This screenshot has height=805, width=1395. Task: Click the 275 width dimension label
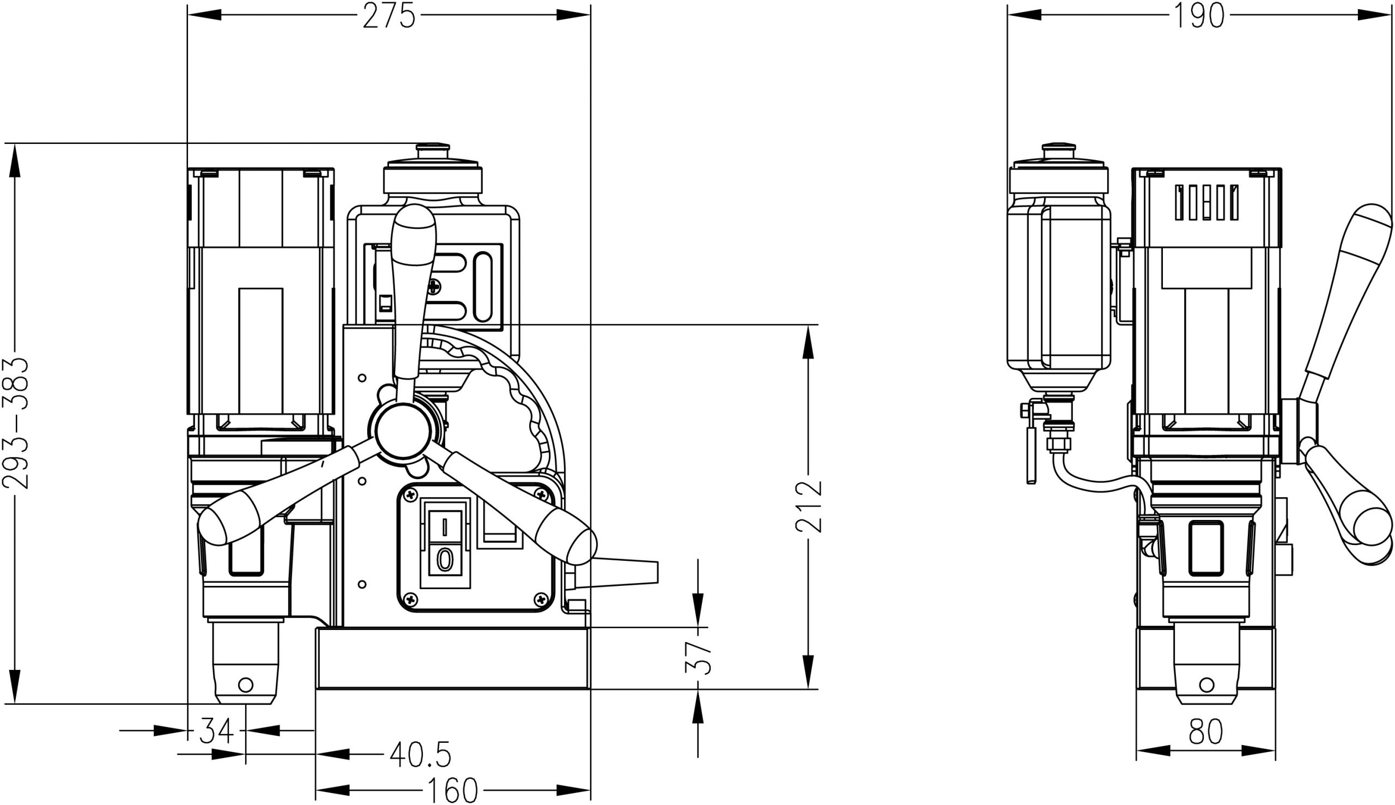coord(389,16)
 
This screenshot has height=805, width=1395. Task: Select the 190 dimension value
coord(1199,16)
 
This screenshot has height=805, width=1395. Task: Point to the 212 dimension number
coord(809,506)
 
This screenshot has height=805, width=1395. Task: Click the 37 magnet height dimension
coord(697,657)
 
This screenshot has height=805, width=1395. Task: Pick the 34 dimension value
coord(217,731)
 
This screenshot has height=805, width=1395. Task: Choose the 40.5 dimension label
coord(421,754)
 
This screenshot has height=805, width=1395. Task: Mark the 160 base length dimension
coord(452,791)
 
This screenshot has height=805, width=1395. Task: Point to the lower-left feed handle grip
coord(248,517)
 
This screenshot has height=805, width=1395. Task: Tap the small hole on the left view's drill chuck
coord(245,685)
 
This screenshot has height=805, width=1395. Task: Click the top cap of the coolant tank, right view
coord(1058,149)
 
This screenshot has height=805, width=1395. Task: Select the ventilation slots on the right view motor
coord(1206,202)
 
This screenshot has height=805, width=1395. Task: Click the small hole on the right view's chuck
coord(1207,685)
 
